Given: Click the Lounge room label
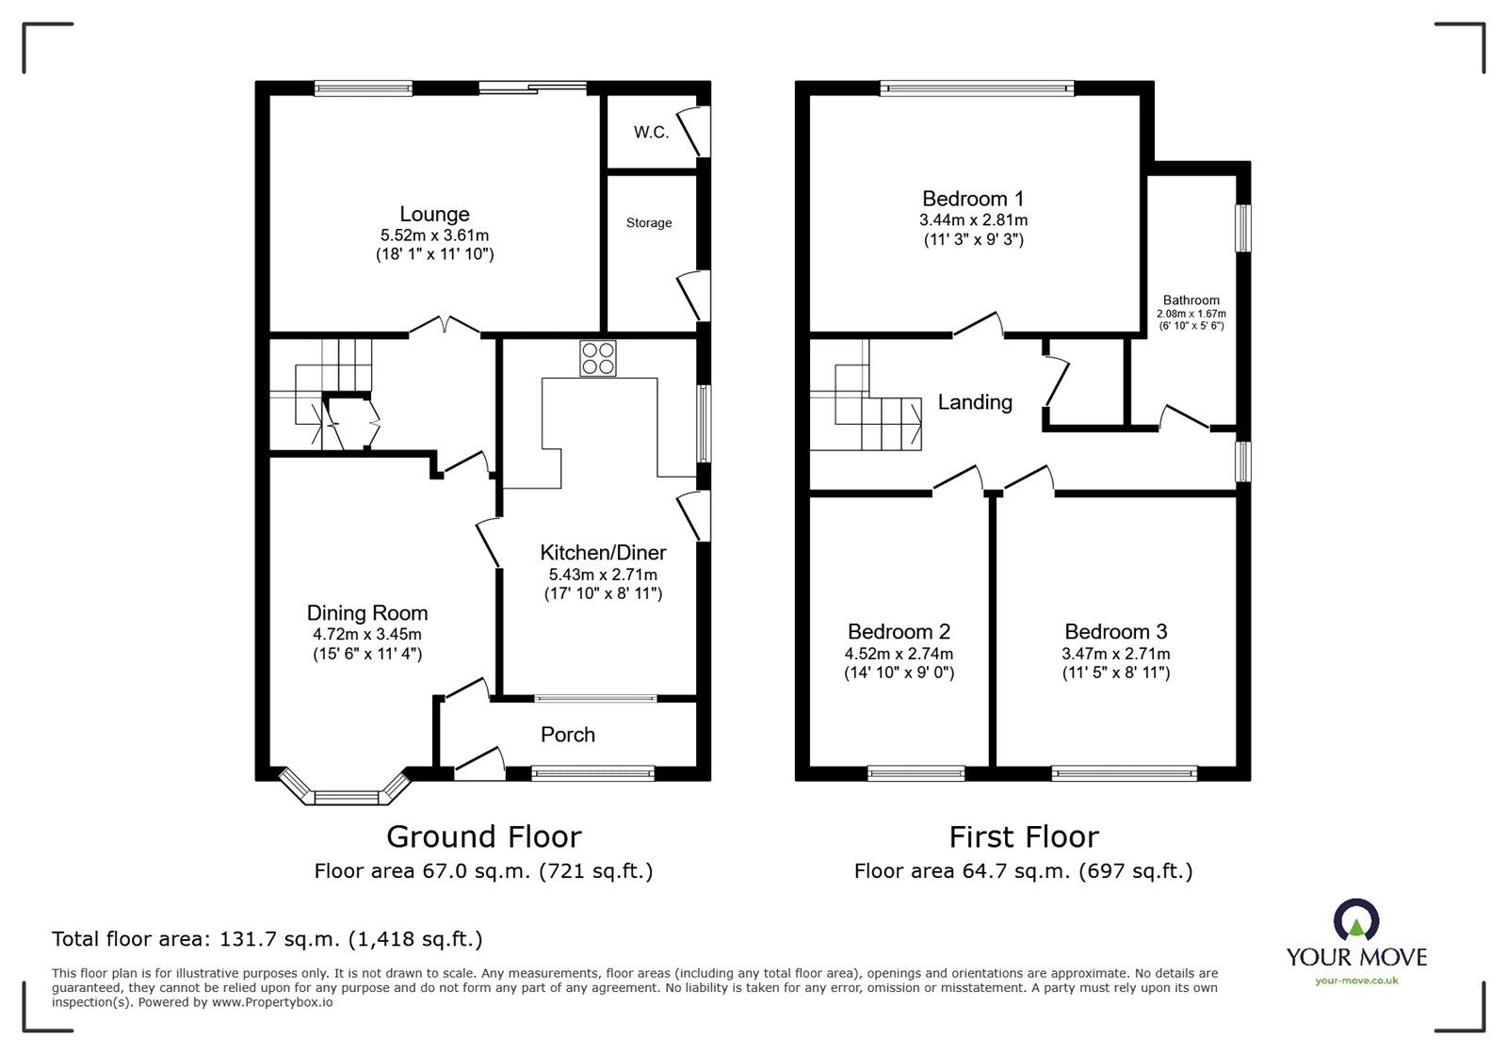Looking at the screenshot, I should point(434,215).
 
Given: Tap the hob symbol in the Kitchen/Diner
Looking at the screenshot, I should point(598,358).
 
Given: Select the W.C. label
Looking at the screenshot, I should point(651,133).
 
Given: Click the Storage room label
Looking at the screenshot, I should point(649,223).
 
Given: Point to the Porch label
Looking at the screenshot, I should point(568,735).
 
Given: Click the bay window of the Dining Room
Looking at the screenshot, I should point(345,797).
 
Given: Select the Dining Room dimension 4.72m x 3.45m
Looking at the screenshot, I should point(367,634).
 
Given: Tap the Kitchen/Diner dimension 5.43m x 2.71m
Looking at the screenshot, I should point(603,575).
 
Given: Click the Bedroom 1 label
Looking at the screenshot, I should point(973,199).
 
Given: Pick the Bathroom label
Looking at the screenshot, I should point(1191,300).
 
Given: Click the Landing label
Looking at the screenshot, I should point(975,402).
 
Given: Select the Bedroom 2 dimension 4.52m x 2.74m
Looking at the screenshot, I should point(899,654).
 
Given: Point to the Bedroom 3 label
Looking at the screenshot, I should point(1115,632).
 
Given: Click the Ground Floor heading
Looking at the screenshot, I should point(484,836).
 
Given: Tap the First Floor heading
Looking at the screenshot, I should point(1023,836).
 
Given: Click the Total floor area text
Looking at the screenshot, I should point(267,939).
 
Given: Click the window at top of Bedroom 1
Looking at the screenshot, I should point(977,89).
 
